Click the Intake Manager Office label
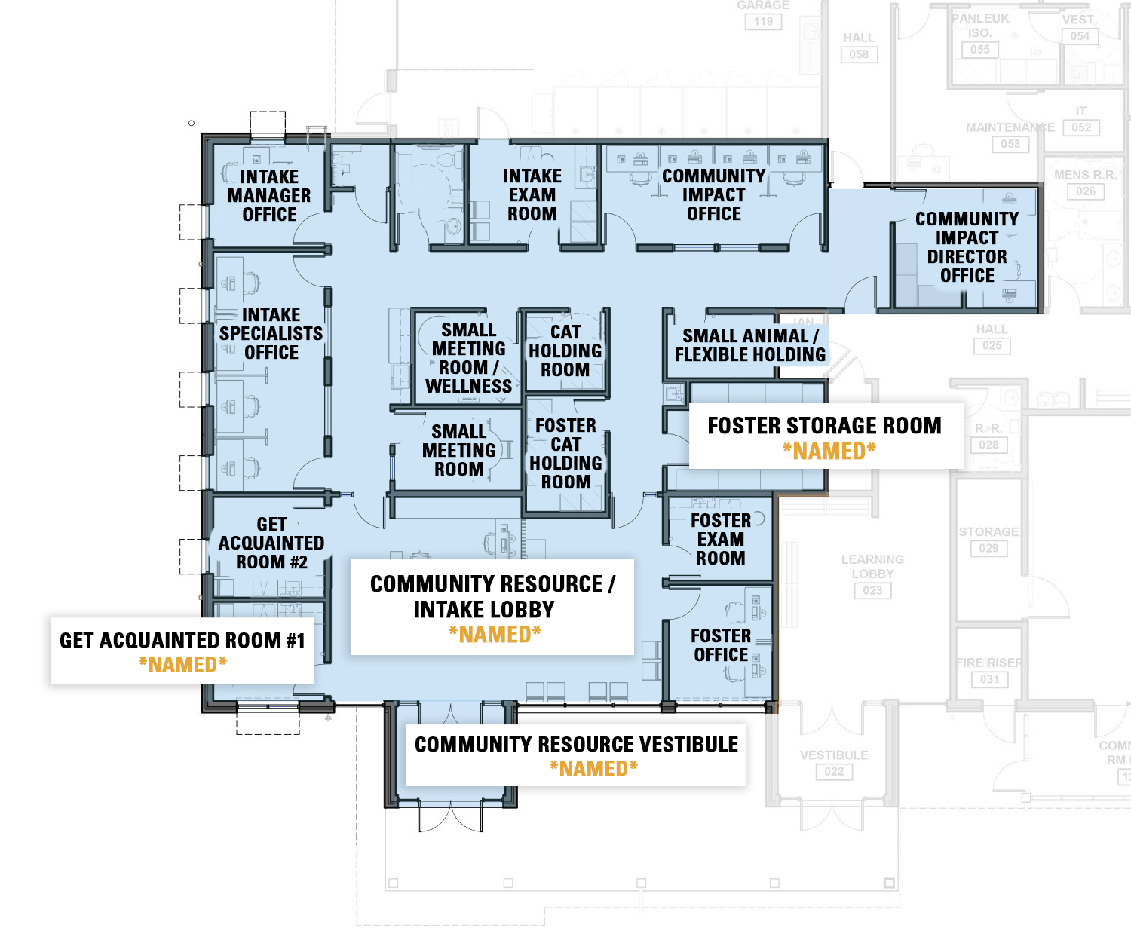[269, 195]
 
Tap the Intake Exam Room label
[532, 194]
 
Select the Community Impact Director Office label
[967, 247]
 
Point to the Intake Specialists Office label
[271, 333]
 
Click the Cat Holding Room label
[565, 351]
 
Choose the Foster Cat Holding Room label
[565, 454]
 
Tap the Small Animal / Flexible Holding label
[750, 345]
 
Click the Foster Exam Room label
[721, 539]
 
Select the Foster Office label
[721, 645]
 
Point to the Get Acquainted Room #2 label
[271, 543]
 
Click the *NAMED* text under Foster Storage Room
[829, 452]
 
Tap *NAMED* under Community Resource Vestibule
[593, 769]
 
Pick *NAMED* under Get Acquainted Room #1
[182, 665]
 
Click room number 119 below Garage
[763, 22]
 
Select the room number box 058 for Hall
[859, 54]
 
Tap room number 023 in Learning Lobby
[872, 590]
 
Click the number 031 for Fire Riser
[989, 679]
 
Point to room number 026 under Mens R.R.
[1086, 191]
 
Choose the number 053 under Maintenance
[1010, 144]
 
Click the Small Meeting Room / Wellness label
[468, 358]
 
